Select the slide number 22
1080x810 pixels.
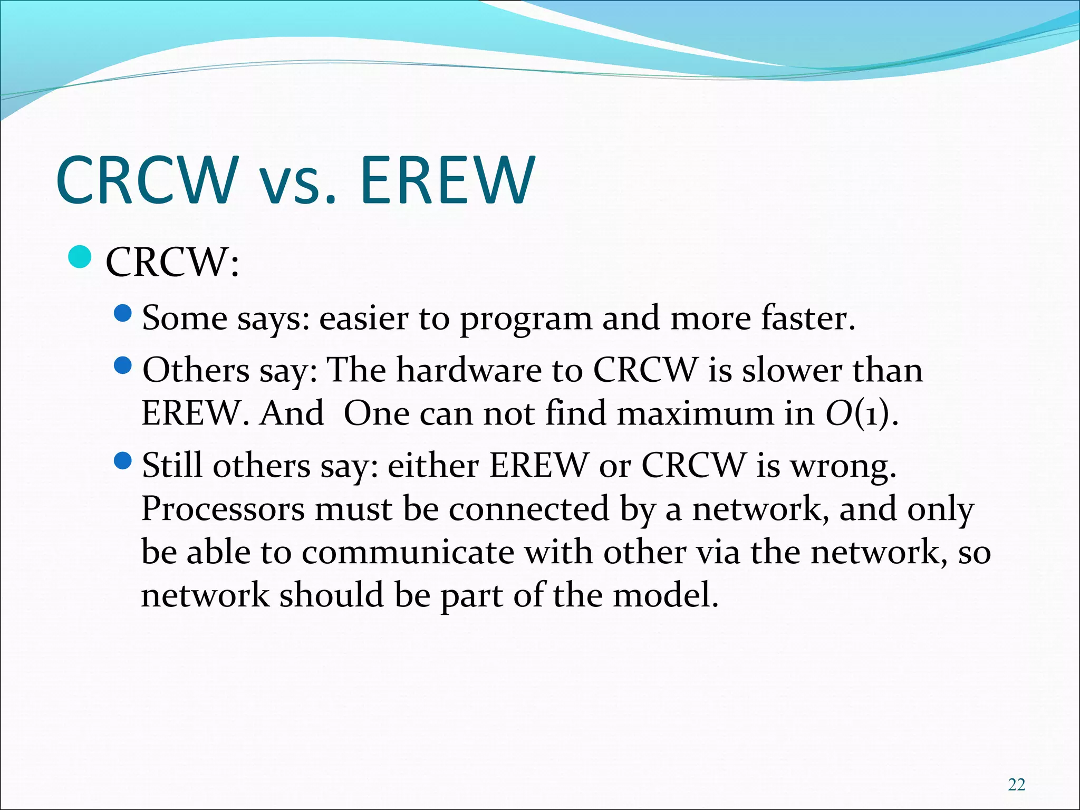pos(1016,785)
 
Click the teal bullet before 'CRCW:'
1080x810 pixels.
pos(81,257)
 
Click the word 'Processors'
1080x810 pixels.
pos(223,509)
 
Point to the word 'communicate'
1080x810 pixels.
pos(408,553)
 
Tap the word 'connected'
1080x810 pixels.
pos(529,509)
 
